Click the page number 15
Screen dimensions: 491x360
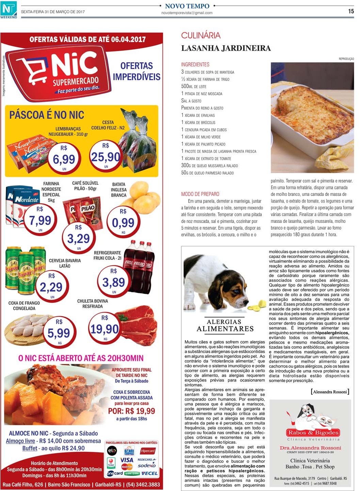(x=351, y=11)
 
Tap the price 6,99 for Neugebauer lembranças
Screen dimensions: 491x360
(x=64, y=159)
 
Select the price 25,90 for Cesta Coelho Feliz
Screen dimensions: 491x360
(x=105, y=157)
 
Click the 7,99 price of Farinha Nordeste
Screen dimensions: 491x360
(x=40, y=220)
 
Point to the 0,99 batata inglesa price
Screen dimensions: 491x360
(x=123, y=223)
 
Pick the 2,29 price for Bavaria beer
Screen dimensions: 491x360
(x=51, y=287)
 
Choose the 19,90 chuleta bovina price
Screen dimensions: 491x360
(x=105, y=329)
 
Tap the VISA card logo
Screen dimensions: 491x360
(x=127, y=460)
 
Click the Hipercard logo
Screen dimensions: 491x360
(x=148, y=451)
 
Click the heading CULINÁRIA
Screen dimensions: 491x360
(x=201, y=35)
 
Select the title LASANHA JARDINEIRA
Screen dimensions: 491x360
(x=226, y=48)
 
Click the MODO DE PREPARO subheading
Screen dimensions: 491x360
(x=200, y=194)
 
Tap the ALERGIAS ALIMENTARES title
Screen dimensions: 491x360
(x=225, y=325)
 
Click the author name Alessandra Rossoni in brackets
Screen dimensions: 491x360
(x=330, y=392)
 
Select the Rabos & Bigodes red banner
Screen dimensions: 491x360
(x=313, y=433)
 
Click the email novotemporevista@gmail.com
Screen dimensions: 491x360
(x=187, y=13)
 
